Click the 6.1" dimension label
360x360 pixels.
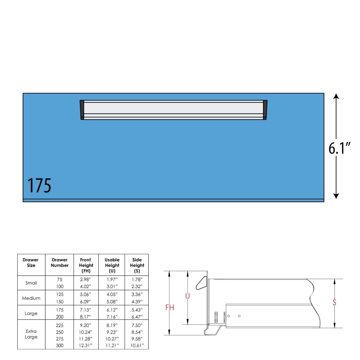tap(339, 148)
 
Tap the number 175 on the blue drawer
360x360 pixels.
tap(39, 186)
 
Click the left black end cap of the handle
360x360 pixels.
tap(82, 110)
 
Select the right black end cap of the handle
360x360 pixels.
tap(265, 110)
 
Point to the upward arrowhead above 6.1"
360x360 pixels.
tap(336, 96)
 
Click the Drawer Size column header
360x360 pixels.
tap(31, 263)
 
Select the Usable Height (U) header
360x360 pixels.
tap(112, 265)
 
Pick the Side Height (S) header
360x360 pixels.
tap(137, 265)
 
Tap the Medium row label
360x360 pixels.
tap(31, 298)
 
